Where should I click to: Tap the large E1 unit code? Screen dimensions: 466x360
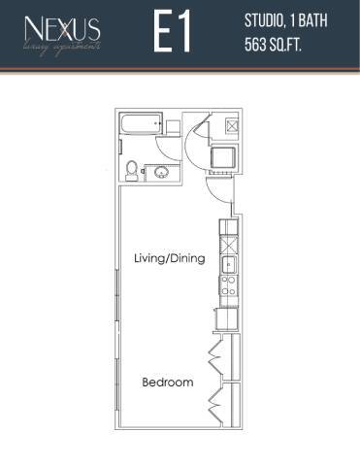(172, 34)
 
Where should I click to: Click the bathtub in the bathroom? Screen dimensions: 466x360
(140, 126)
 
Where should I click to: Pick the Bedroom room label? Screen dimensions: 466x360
(167, 383)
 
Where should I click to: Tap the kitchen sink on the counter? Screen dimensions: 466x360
(229, 262)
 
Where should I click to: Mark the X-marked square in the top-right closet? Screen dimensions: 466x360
(232, 125)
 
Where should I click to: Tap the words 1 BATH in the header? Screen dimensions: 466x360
(311, 21)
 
